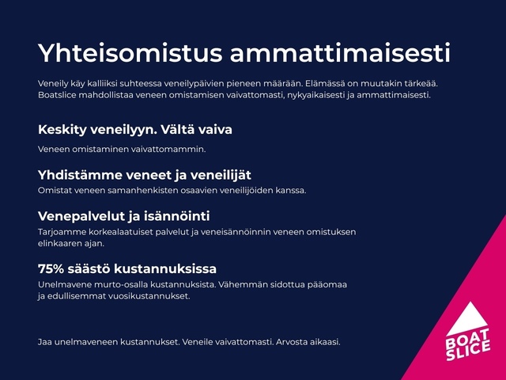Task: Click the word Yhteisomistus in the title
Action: click(x=130, y=53)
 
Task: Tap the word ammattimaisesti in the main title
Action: click(x=340, y=53)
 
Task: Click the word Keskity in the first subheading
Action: click(x=62, y=130)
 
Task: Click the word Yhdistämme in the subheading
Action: click(x=80, y=175)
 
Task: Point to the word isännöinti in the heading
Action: click(x=177, y=216)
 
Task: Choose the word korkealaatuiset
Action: click(x=114, y=232)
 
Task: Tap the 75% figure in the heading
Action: click(x=51, y=269)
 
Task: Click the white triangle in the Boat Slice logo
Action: click(x=468, y=320)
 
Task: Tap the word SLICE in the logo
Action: click(x=468, y=351)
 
